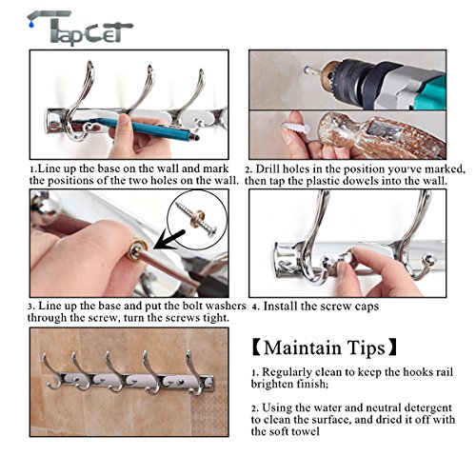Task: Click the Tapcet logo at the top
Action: (x=79, y=28)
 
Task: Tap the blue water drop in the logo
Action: (x=30, y=24)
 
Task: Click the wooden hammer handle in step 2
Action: (x=381, y=135)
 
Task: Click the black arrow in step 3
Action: (x=169, y=241)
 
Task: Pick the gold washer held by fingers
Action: (x=137, y=248)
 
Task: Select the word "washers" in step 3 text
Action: (x=226, y=306)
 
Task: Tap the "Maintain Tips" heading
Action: (x=325, y=347)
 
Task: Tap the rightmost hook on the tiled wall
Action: (x=195, y=373)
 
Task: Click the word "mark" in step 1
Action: (x=215, y=169)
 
